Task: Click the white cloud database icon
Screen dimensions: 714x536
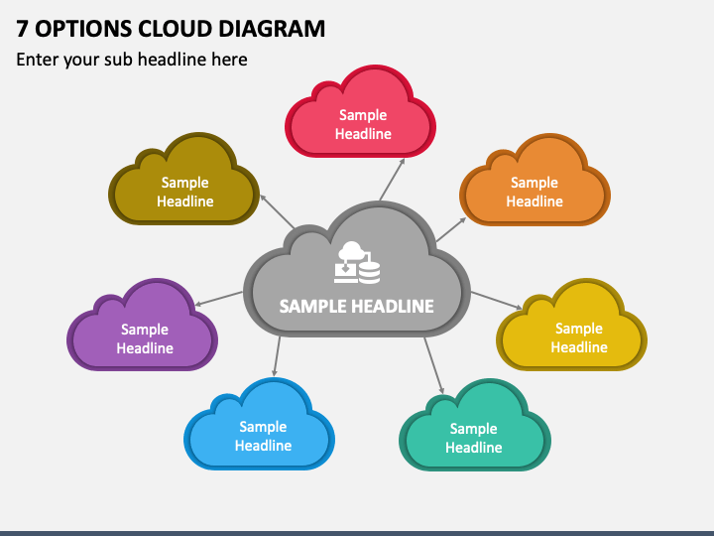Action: pyautogui.click(x=357, y=262)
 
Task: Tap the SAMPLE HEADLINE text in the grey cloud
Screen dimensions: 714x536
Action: pyautogui.click(x=357, y=307)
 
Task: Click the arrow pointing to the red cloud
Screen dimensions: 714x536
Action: pyautogui.click(x=392, y=179)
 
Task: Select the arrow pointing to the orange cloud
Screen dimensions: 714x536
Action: pyautogui.click(x=451, y=229)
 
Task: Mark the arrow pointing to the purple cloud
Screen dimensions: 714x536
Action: pyautogui.click(x=218, y=299)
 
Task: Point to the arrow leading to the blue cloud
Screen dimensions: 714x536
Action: pyautogui.click(x=277, y=356)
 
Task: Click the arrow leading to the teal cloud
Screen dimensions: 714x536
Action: pyautogui.click(x=434, y=366)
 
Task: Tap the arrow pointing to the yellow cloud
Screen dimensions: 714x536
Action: pyautogui.click(x=497, y=301)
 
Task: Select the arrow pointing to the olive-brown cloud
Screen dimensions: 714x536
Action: pyautogui.click(x=277, y=211)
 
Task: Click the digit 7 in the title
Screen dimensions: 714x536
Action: pyautogui.click(x=22, y=29)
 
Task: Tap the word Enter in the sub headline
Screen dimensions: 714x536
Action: pyautogui.click(x=37, y=60)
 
